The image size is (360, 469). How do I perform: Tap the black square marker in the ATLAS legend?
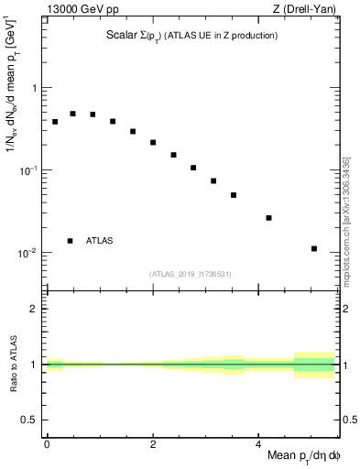(70, 241)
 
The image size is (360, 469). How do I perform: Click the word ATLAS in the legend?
(100, 241)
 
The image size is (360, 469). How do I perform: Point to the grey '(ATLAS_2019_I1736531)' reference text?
(191, 274)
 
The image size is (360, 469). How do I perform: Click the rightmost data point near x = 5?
(314, 248)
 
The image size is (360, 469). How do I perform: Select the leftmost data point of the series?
(55, 121)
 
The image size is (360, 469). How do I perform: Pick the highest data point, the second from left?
(73, 114)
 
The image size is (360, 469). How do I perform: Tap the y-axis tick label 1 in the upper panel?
(34, 89)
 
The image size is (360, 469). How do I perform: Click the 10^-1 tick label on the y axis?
(29, 170)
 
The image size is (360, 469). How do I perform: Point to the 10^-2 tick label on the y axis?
(29, 253)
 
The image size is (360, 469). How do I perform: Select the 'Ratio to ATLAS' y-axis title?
(13, 365)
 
